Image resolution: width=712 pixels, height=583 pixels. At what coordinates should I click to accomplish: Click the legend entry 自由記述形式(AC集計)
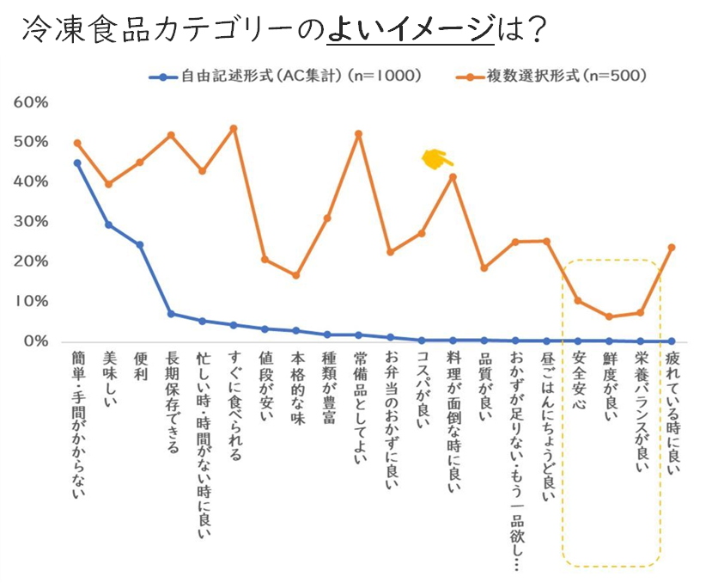pyautogui.click(x=292, y=76)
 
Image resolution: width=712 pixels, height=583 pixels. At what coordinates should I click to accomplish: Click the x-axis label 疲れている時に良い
pyautogui.click(x=672, y=413)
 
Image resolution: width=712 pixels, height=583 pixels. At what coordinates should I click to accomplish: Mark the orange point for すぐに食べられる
pyautogui.click(x=234, y=128)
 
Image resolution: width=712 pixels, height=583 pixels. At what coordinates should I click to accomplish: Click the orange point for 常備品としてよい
pyautogui.click(x=358, y=133)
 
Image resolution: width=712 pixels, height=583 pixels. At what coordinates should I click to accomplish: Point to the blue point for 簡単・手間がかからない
pyautogui.click(x=77, y=163)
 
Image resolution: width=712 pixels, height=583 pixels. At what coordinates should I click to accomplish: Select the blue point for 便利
pyautogui.click(x=139, y=244)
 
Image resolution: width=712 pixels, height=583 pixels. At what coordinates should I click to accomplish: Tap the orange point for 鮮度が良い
pyautogui.click(x=609, y=316)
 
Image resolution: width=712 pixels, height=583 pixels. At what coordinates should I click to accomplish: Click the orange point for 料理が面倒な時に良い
pyautogui.click(x=453, y=177)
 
